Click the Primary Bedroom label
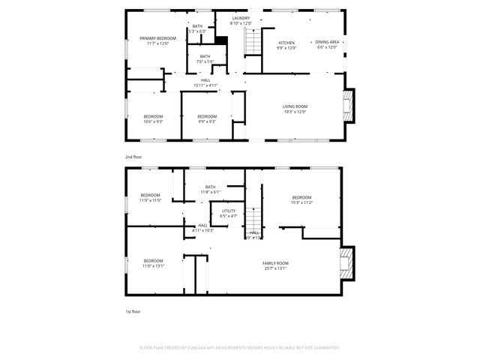click(157, 38)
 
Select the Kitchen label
click(287, 43)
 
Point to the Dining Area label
click(327, 42)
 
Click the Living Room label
click(295, 106)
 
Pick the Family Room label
click(275, 262)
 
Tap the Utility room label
click(229, 211)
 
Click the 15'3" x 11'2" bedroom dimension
click(301, 202)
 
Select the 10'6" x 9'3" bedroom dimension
click(153, 121)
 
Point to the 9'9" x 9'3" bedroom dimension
click(207, 121)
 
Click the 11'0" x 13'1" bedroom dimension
click(153, 265)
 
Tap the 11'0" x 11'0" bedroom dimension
click(151, 200)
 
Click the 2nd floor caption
click(133, 157)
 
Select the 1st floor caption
click(133, 310)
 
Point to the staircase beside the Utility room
click(255, 219)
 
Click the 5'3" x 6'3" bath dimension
click(197, 31)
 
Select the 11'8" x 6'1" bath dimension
click(209, 192)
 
